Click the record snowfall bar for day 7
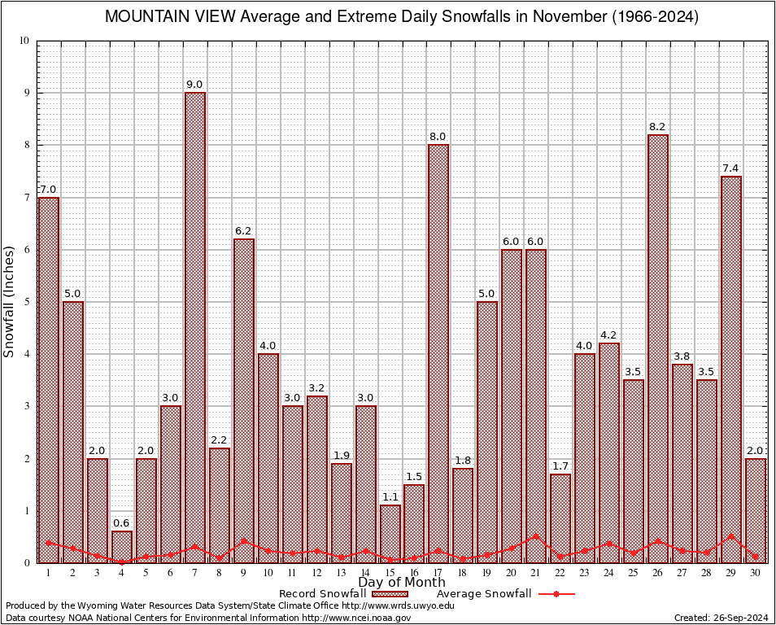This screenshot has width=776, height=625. point(195,326)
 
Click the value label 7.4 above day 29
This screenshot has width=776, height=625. point(730,168)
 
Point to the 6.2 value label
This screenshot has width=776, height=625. point(244,231)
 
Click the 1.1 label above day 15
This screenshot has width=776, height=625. point(390,497)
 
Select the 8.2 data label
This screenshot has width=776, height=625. point(658,127)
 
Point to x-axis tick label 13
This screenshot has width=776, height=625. point(341,573)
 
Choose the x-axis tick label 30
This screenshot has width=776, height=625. point(755,573)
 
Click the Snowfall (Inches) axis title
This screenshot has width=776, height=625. point(10,302)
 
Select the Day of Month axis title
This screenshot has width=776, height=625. point(401,583)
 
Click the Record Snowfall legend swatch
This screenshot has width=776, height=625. point(384,594)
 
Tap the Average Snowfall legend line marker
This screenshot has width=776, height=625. point(556,594)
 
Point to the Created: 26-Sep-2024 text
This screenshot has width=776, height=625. point(721,618)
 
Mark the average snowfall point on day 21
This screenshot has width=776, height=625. point(536,536)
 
